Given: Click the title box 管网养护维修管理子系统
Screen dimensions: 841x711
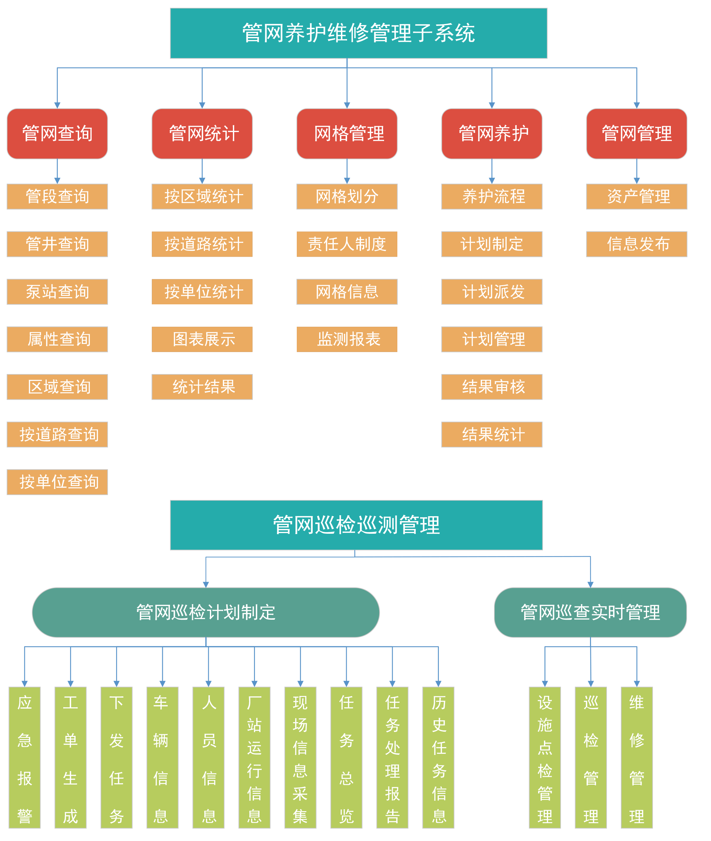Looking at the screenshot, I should (358, 33).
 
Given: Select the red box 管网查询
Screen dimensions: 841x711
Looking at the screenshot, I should (57, 133).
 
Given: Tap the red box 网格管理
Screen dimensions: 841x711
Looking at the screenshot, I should (347, 133).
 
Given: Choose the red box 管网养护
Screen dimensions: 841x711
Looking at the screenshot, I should (492, 133).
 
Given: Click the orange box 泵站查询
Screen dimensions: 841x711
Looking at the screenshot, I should (57, 291).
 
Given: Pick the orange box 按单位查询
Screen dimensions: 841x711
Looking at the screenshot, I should (57, 482).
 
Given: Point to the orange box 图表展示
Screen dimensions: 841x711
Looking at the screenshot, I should (202, 339).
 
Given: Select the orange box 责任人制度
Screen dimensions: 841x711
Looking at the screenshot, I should (347, 244).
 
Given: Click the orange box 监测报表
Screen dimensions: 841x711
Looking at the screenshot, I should (347, 339).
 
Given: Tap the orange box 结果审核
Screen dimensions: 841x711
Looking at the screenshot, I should (492, 387).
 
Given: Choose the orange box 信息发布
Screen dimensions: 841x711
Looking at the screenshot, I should (637, 244).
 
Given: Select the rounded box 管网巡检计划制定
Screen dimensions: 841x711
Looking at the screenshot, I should (206, 612).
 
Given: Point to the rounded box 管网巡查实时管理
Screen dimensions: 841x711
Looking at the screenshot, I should (590, 612).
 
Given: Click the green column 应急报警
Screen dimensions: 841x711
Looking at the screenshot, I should (25, 758).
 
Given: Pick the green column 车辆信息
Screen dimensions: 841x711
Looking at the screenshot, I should (163, 758).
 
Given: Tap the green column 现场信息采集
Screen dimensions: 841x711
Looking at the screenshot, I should (300, 758).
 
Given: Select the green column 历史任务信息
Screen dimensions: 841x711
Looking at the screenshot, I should (439, 758).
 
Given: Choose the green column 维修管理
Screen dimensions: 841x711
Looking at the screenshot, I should (637, 758).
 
